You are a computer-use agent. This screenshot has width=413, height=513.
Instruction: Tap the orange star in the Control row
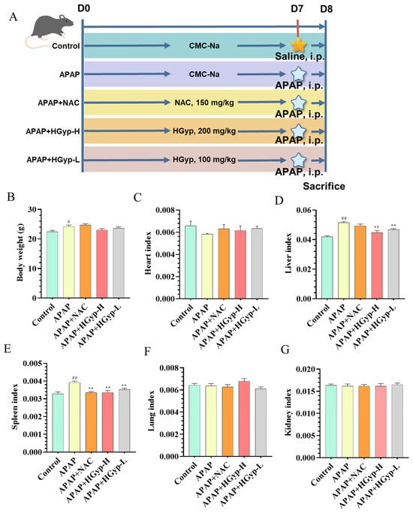click(x=299, y=45)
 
